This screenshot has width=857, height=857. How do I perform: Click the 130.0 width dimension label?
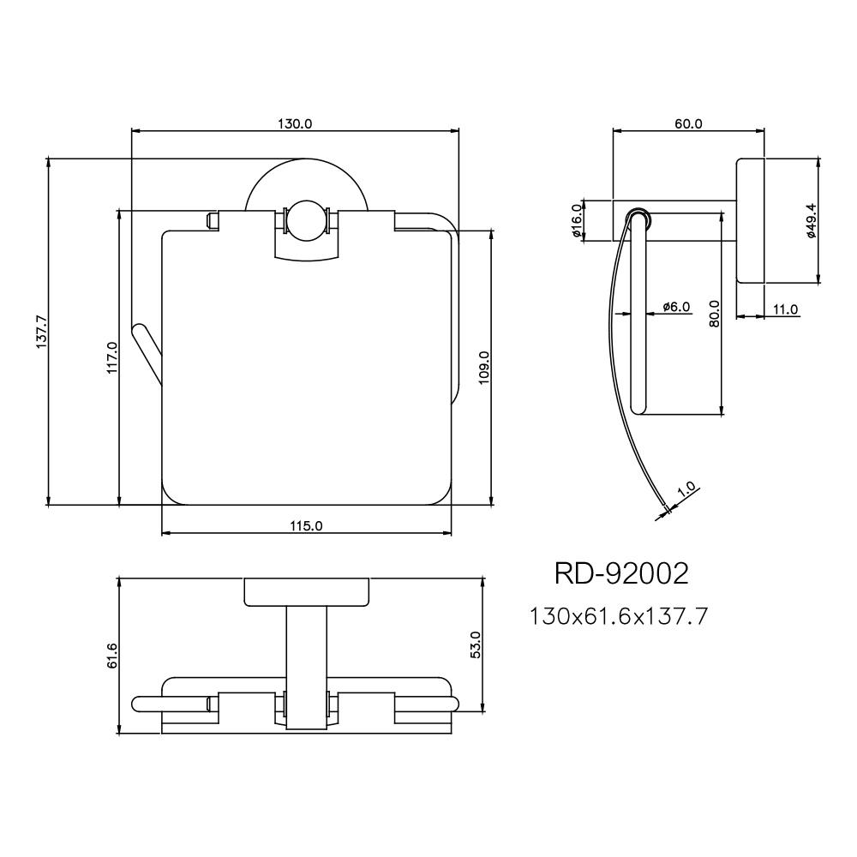tap(295, 123)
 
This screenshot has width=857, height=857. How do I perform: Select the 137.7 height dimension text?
tap(40, 332)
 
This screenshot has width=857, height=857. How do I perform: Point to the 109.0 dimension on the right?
tap(483, 368)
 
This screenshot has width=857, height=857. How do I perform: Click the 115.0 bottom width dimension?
tap(306, 526)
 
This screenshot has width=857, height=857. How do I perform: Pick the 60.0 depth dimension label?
tap(688, 123)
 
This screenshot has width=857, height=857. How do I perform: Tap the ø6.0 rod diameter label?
tap(675, 306)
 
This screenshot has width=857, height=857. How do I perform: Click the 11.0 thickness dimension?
tap(784, 309)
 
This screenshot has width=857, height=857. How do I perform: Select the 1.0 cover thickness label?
tap(686, 492)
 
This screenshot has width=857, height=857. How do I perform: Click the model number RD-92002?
tap(621, 573)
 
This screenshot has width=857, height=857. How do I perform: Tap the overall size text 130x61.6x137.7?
tap(619, 615)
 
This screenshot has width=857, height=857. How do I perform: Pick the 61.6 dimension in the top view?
tap(111, 656)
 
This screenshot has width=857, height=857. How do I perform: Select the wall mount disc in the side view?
tap(752, 221)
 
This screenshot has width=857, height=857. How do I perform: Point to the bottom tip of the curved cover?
tap(664, 511)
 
